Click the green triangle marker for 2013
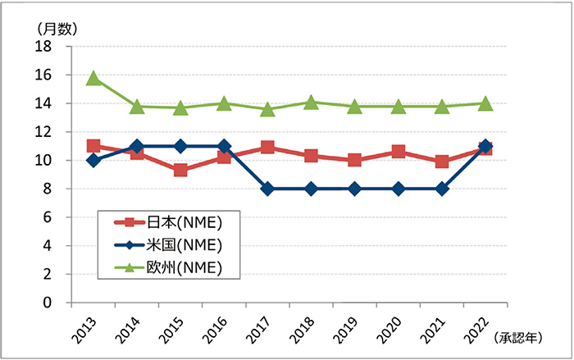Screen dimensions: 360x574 click(93, 78)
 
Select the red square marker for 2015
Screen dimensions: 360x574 click(180, 171)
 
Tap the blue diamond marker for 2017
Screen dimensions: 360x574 click(267, 189)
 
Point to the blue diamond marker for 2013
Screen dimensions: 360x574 click(93, 161)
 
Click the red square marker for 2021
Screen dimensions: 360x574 click(442, 162)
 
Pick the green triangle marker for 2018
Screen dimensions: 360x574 click(312, 103)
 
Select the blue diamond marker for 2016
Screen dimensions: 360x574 click(224, 146)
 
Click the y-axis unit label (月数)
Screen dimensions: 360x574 click(57, 28)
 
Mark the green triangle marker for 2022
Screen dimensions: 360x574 click(485, 103)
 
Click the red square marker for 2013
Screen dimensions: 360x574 click(93, 146)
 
